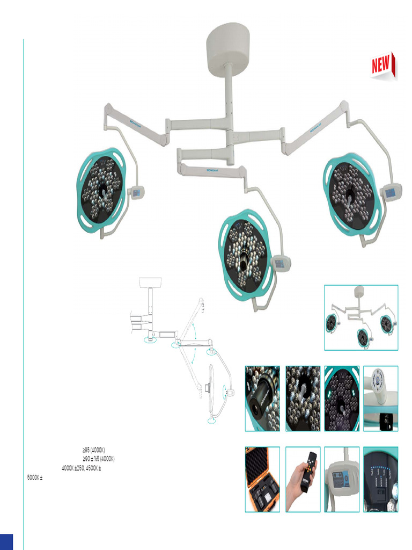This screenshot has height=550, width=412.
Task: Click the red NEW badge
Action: click(x=383, y=66)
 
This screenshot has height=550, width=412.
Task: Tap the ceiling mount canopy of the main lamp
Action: click(x=228, y=46)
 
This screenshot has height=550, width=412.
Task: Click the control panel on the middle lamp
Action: click(x=280, y=263)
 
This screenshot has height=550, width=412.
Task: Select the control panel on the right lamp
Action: click(x=391, y=192)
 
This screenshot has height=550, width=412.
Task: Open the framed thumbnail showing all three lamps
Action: click(x=361, y=317)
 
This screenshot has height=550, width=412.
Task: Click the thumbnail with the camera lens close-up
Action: click(x=262, y=399)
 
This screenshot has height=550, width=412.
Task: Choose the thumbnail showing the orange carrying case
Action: click(x=262, y=479)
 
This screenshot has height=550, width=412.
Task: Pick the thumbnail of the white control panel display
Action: click(x=342, y=479)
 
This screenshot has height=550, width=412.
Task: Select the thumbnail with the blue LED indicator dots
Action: click(x=380, y=479)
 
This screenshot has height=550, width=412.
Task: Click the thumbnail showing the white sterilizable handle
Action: click(x=380, y=399)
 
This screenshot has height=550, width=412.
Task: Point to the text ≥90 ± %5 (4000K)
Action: click(x=98, y=459)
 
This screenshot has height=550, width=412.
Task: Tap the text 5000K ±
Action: click(x=35, y=476)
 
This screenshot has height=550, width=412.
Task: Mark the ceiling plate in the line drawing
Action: click(x=150, y=282)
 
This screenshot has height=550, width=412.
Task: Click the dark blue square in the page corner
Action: click(x=6, y=541)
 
